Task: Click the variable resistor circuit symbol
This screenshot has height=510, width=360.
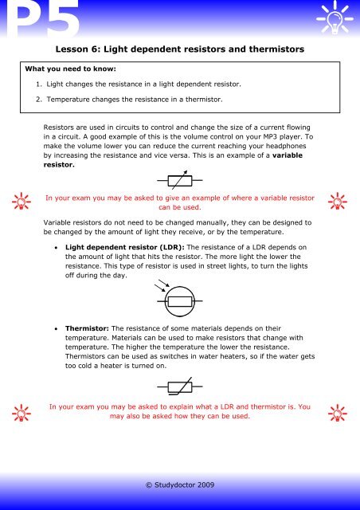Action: tap(179, 178)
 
